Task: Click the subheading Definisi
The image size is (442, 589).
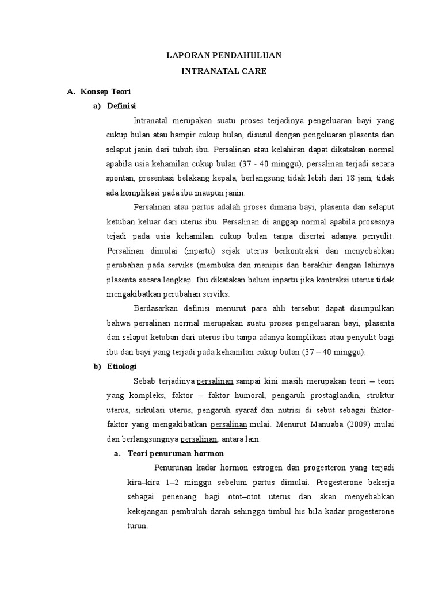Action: point(122,105)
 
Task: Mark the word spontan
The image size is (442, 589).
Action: point(119,178)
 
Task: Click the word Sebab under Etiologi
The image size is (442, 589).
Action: point(143,381)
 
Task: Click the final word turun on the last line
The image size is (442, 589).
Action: point(137,526)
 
